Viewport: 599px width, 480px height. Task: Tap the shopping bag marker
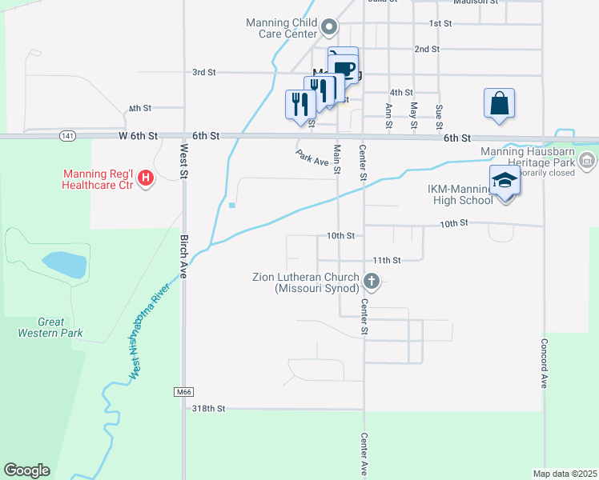click(x=499, y=103)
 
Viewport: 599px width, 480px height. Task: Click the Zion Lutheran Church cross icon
click(x=371, y=281)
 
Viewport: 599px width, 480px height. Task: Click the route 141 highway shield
click(x=69, y=137)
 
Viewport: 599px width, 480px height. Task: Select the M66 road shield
click(x=183, y=392)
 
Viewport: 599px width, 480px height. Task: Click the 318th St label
click(x=210, y=408)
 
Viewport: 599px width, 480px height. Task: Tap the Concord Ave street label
click(x=544, y=369)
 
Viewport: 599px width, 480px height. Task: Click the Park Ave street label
click(x=312, y=158)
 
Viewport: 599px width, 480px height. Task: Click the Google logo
click(x=26, y=470)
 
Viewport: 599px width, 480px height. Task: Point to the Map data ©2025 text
click(x=565, y=474)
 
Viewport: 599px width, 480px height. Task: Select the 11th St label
click(x=386, y=260)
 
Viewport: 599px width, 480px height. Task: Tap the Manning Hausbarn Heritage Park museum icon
click(x=587, y=163)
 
